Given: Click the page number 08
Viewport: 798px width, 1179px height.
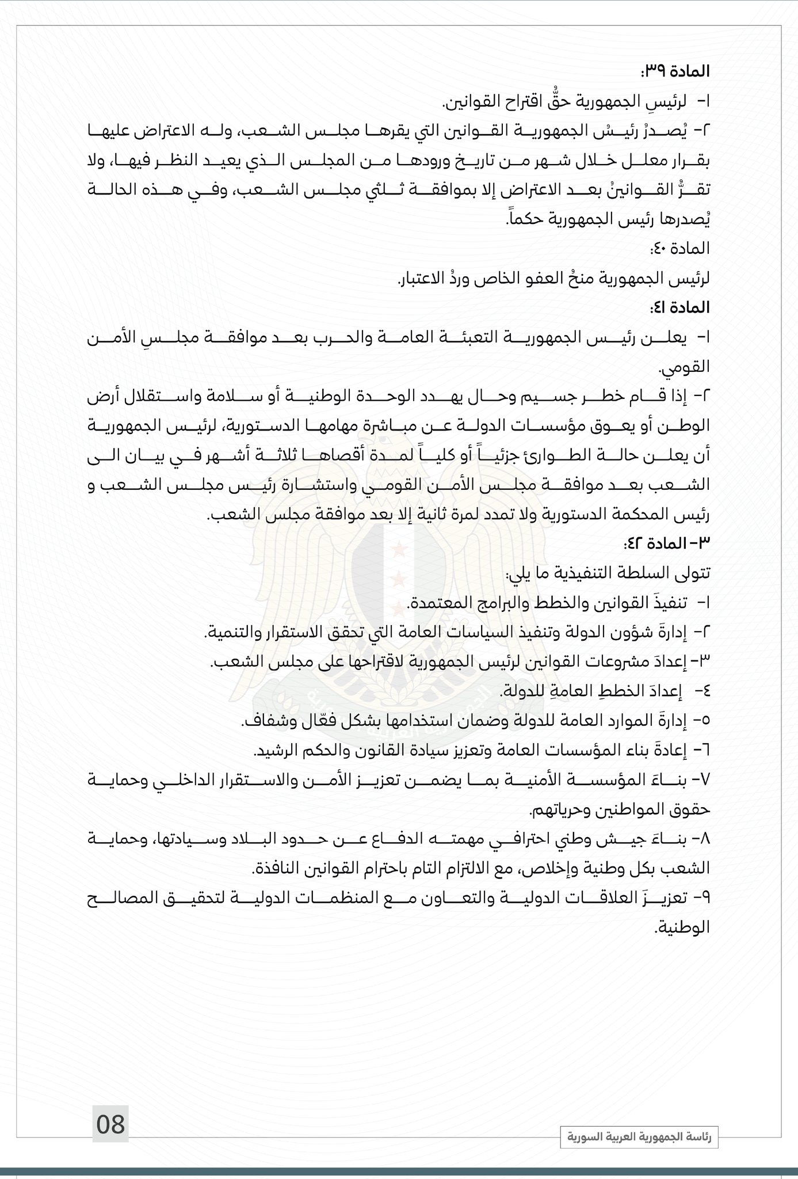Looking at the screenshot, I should (110, 1124).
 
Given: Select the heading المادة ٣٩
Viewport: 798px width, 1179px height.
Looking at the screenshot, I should (675, 71).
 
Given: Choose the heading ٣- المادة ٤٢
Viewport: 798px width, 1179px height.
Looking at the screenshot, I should (667, 543).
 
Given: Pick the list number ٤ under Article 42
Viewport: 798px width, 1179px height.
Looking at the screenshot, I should (705, 690).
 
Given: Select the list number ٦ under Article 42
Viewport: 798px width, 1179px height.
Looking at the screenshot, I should (705, 750).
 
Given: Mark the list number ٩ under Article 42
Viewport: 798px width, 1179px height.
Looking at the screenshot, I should (705, 897).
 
